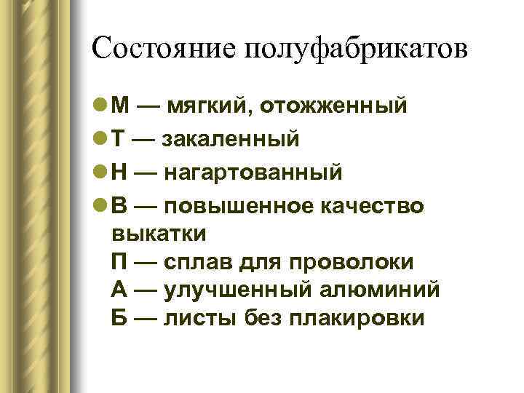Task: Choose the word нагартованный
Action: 254,172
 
